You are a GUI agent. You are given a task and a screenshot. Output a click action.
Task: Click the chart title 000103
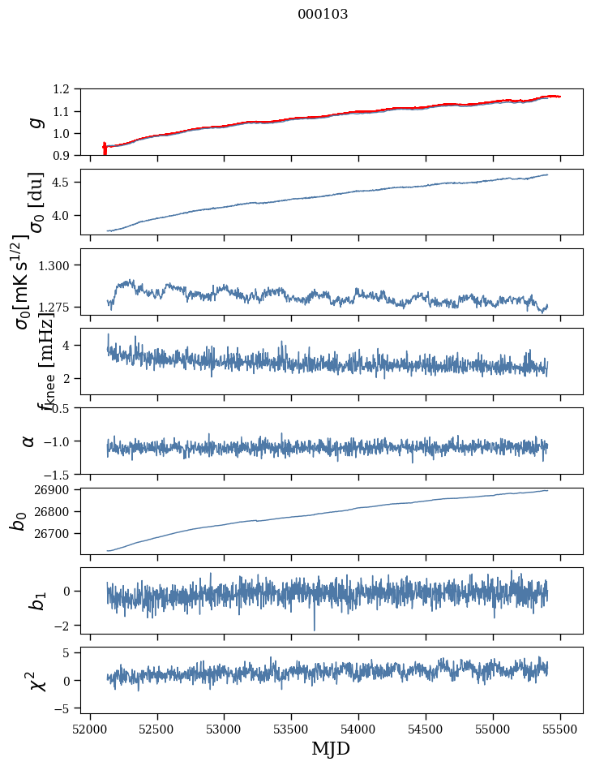tap(323, 15)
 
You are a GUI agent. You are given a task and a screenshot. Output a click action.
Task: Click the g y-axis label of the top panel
tap(33, 122)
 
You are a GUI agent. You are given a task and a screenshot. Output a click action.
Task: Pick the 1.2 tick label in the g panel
tap(64, 89)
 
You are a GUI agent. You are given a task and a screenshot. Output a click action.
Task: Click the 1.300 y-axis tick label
tap(61, 265)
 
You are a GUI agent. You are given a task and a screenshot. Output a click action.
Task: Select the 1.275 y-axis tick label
tap(61, 308)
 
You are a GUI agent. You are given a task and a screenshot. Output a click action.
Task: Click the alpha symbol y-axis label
tap(28, 441)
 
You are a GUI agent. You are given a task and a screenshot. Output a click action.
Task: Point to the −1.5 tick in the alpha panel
tap(62, 474)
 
